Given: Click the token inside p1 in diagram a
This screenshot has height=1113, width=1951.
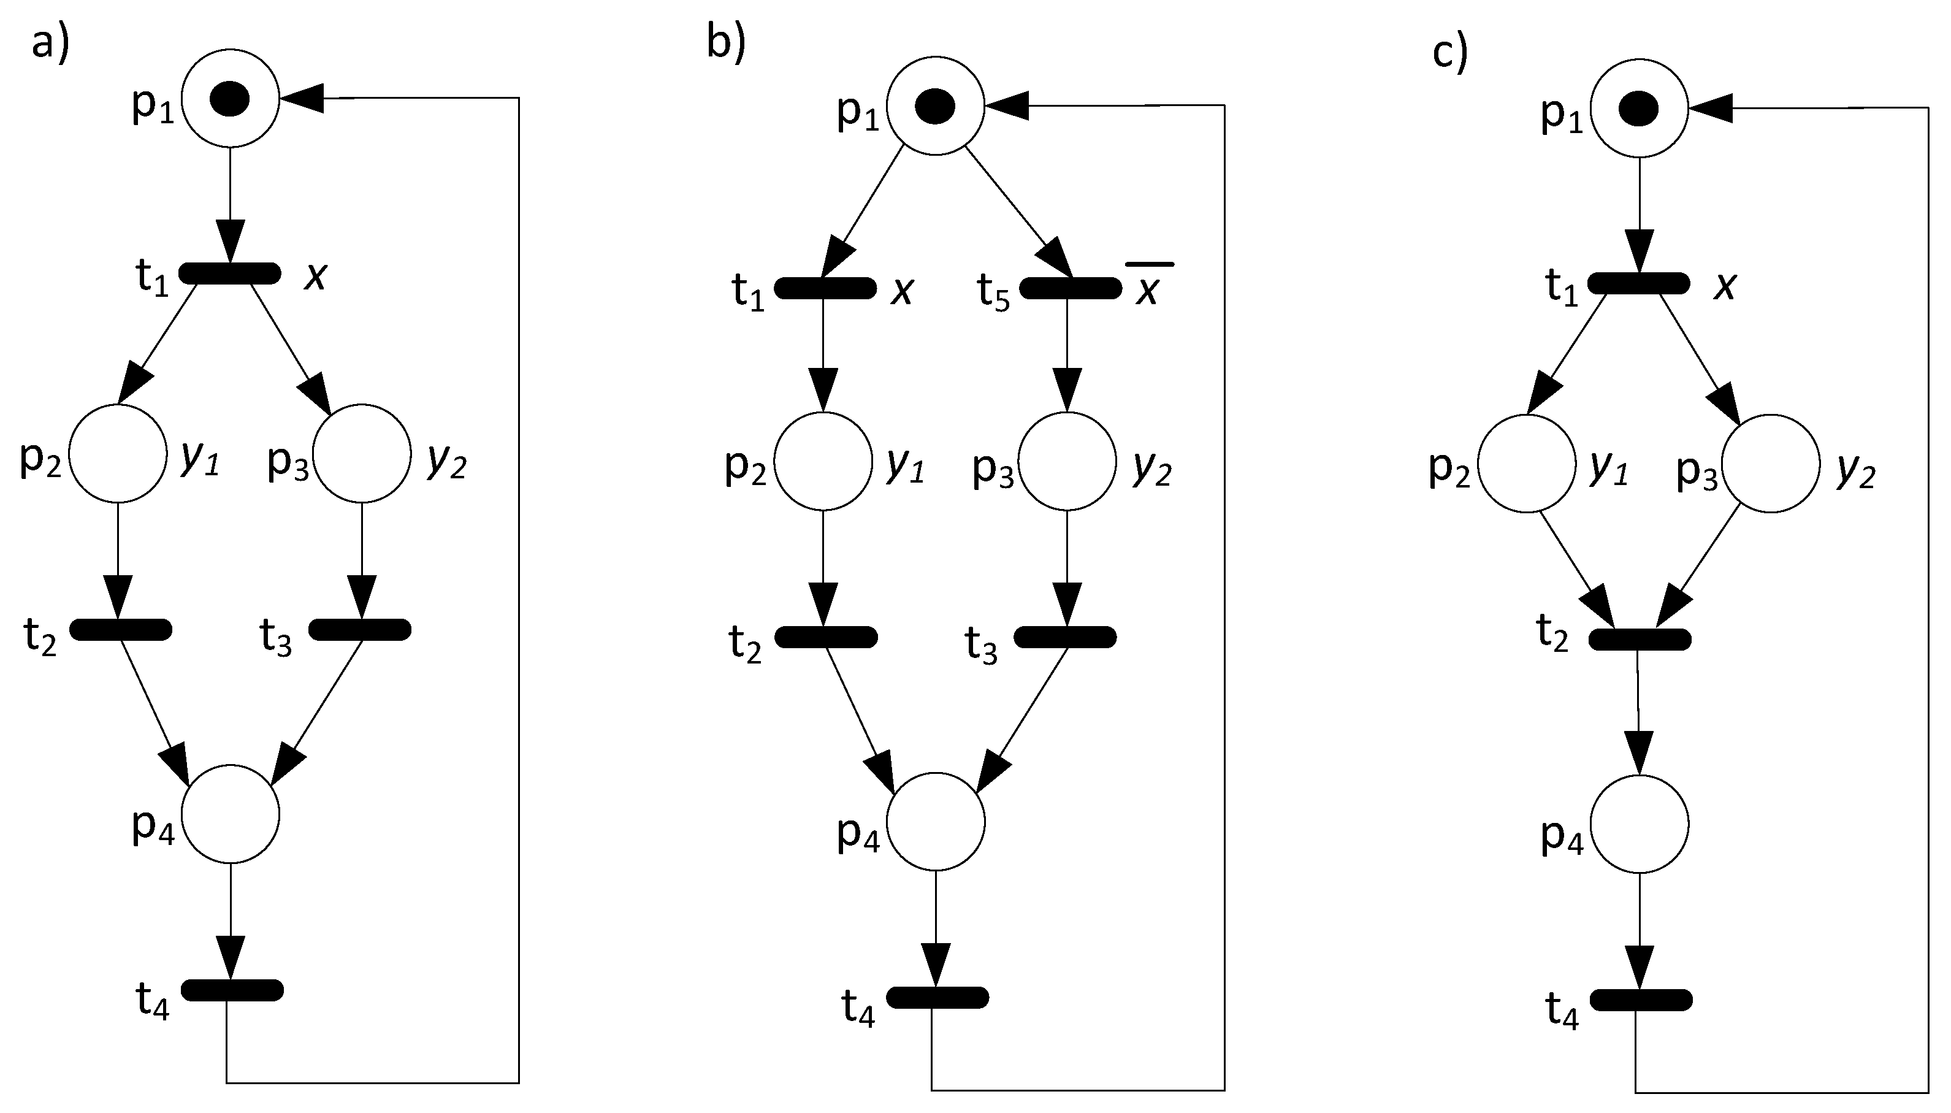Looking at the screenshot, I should pos(230,99).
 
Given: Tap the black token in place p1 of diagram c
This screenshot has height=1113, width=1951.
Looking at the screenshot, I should pos(1638,109).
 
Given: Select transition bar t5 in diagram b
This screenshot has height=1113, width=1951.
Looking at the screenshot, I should pos(1071,288).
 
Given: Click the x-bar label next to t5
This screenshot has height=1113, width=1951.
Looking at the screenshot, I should pos(1148,286).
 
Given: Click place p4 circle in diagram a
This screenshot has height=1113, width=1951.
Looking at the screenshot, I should pos(230,813).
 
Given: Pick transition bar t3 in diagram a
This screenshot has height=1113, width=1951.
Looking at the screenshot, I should pos(360,629).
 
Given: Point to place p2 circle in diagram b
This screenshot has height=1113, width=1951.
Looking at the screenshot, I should pos(823,461).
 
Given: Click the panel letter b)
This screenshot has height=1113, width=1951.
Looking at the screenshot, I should pos(725,42).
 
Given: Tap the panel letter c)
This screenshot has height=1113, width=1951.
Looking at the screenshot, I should pos(1449,53).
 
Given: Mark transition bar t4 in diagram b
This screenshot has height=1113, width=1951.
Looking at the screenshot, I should pos(937,998).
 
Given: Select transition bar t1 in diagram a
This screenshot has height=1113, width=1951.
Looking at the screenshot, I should pos(230,273).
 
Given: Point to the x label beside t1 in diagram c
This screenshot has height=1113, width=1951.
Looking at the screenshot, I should pos(1724,286).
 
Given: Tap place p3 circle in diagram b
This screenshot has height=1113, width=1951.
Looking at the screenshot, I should pos(1067,461).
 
